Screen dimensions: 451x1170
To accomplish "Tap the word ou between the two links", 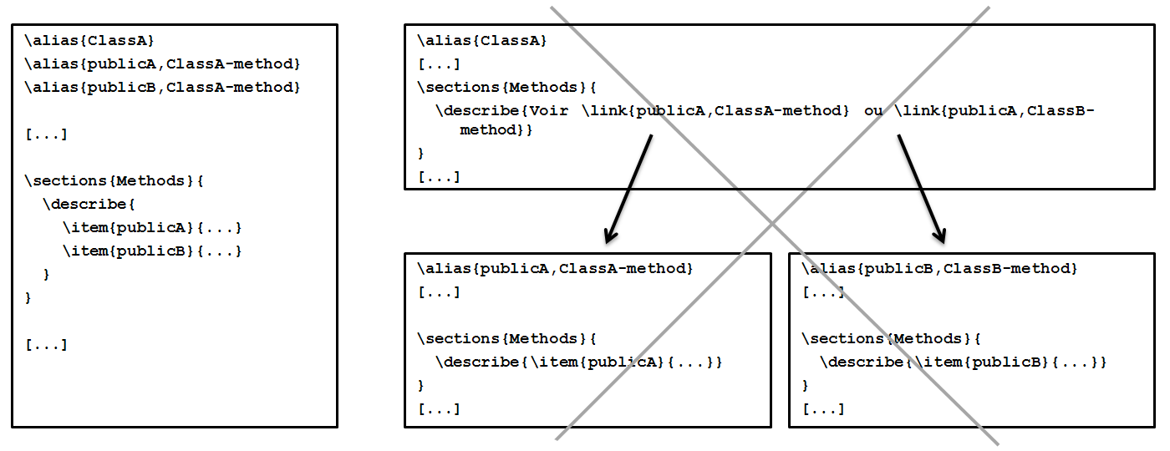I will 873,111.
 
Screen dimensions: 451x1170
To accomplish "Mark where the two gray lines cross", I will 773,223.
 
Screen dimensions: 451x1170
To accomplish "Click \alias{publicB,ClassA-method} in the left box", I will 162,88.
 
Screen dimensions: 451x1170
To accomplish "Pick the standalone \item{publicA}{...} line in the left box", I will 151,228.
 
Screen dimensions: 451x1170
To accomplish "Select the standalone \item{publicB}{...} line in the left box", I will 151,251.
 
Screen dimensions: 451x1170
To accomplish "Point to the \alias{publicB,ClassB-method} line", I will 939,269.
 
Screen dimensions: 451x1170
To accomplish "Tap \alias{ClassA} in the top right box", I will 482,40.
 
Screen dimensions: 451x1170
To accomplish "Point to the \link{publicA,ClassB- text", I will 994,111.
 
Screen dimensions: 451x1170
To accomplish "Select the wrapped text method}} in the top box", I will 496,130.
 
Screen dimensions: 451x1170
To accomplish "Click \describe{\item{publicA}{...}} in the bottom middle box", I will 578,362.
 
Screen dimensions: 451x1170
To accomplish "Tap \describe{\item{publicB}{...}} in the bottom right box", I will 963,362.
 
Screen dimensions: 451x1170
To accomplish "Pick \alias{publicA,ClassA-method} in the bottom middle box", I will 555,269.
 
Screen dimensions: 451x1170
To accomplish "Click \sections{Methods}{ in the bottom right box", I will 891,339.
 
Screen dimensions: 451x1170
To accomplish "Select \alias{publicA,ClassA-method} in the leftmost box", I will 162,64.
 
